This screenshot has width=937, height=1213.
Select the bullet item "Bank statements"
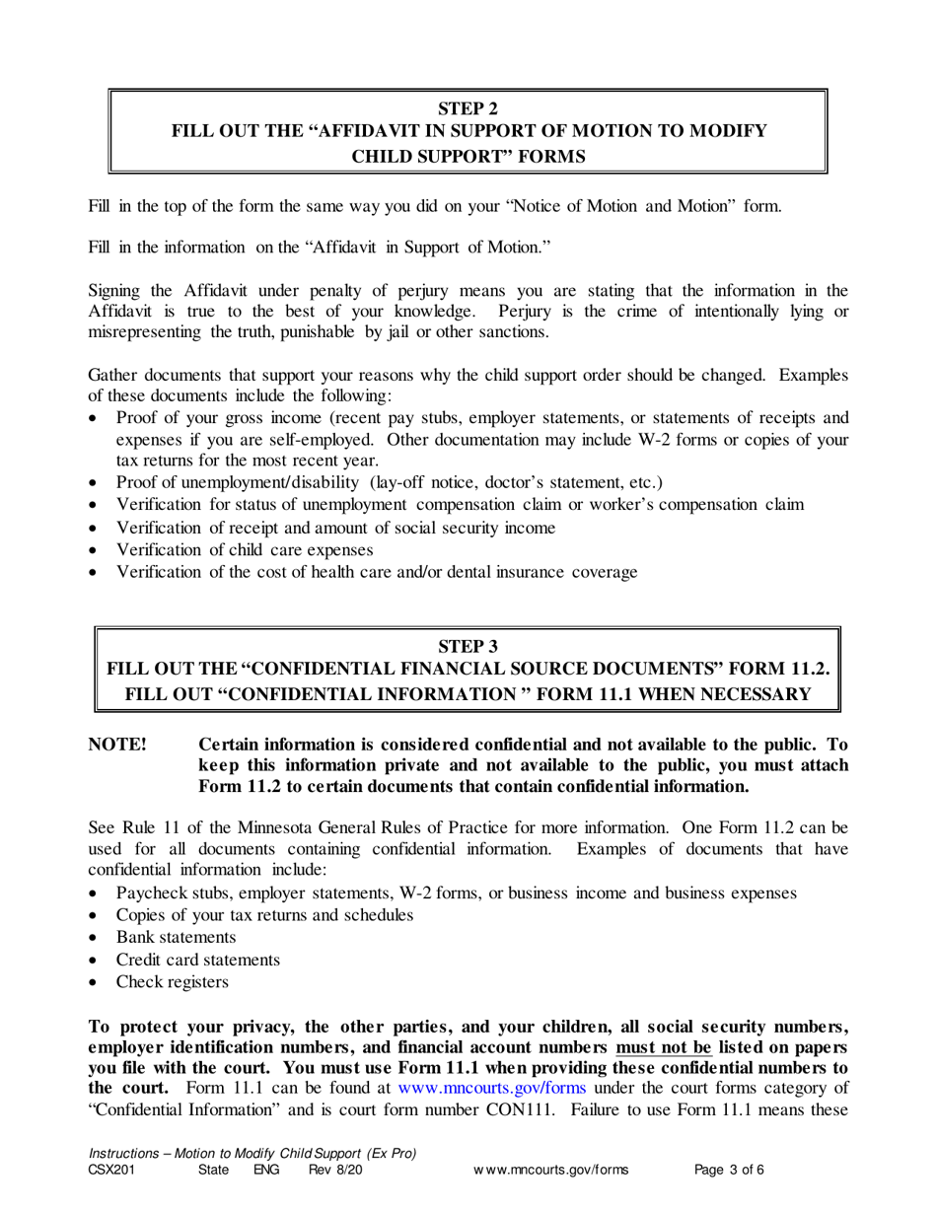coord(176,937)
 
